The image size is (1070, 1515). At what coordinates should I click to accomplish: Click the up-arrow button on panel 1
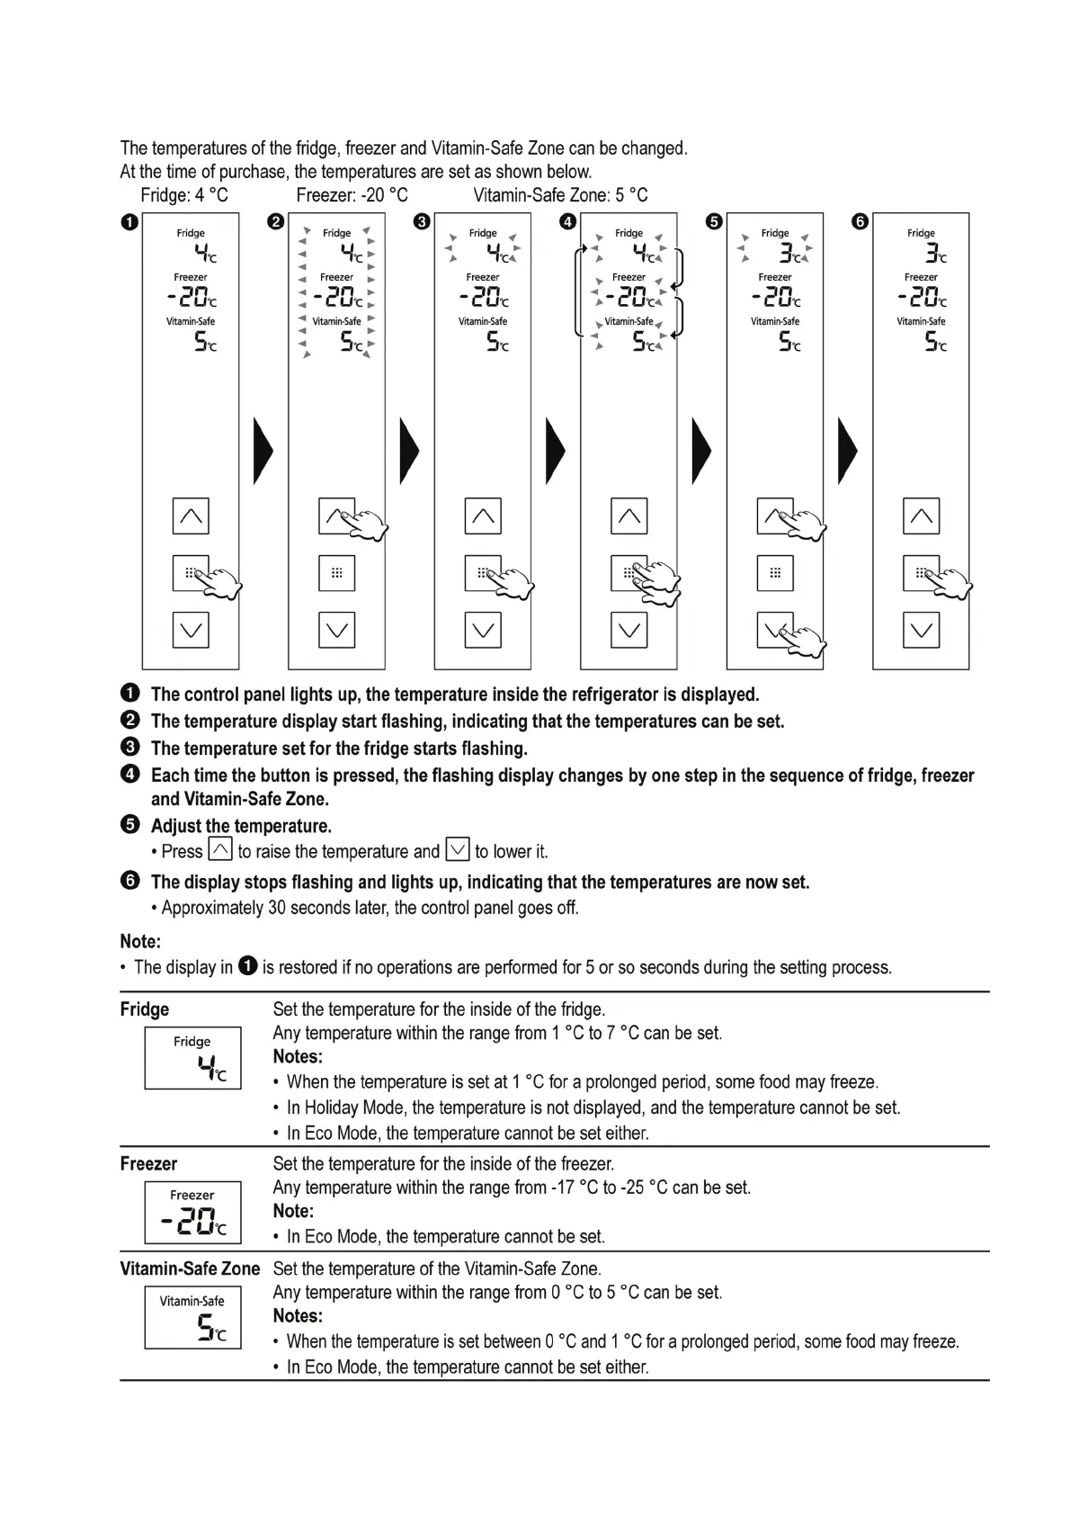tap(191, 516)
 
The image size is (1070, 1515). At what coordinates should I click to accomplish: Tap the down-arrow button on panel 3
tap(483, 630)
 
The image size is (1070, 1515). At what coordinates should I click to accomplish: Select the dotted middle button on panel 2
tap(336, 573)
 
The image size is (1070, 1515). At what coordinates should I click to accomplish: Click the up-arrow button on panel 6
tap(921, 516)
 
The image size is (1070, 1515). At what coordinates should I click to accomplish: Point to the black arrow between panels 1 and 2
tap(263, 451)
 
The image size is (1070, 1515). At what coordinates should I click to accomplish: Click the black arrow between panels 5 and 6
tap(847, 451)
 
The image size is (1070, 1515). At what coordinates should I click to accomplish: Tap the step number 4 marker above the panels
tap(567, 222)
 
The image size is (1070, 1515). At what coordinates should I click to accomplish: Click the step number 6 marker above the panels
tap(860, 222)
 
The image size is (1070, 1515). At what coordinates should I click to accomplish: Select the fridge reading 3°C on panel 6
tap(932, 253)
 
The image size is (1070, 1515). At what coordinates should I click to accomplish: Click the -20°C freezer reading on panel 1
tap(192, 297)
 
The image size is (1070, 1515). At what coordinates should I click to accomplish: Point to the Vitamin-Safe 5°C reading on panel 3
tap(496, 342)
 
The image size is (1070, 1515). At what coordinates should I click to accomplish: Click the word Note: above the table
tap(140, 942)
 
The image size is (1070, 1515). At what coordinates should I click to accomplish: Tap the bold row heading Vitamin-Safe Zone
tap(190, 1268)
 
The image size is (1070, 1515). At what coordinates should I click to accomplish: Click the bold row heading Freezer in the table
tap(148, 1164)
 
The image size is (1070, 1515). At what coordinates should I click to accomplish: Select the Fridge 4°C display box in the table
tap(192, 1058)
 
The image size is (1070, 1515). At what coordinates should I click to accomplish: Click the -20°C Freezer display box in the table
tap(192, 1212)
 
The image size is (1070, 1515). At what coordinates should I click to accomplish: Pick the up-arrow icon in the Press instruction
tap(220, 849)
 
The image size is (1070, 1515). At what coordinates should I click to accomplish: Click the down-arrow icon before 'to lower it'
tap(458, 849)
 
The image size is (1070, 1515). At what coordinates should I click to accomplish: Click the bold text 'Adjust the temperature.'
tap(241, 826)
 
